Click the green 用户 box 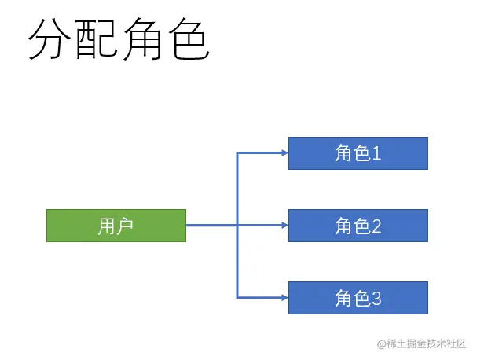(x=116, y=226)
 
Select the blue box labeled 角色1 (x=358, y=153)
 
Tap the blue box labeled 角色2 (x=358, y=226)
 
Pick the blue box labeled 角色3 (x=358, y=298)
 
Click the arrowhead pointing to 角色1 (x=284, y=153)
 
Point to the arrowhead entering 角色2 (x=284, y=226)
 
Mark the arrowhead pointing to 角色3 (x=284, y=298)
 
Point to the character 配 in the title (x=96, y=41)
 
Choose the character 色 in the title (x=188, y=41)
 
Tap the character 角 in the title (x=142, y=41)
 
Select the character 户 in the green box (x=125, y=226)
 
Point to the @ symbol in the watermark (x=381, y=343)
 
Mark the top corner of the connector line (x=237, y=153)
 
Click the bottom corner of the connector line (x=237, y=298)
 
